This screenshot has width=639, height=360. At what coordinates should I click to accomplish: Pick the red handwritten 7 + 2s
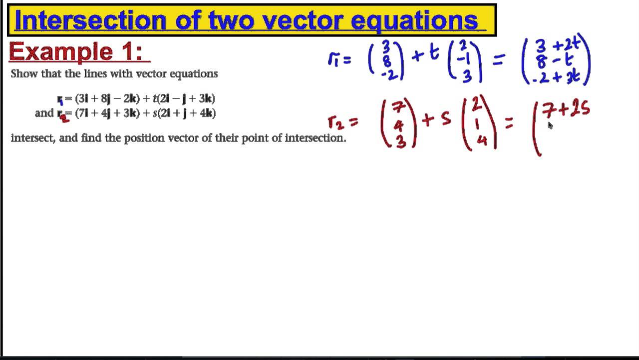pos(566,110)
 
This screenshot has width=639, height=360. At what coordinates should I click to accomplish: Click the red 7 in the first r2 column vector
pos(397,107)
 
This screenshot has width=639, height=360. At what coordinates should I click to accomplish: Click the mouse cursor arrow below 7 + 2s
pos(550,125)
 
